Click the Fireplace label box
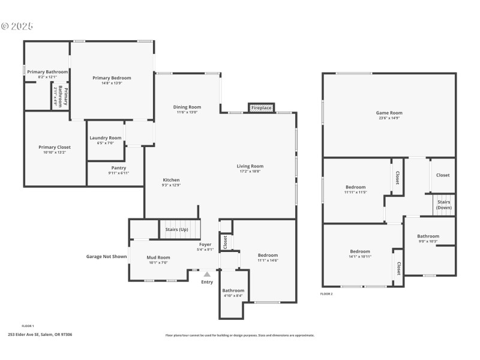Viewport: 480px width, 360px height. coord(261,108)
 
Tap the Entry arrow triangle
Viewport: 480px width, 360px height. coord(207,274)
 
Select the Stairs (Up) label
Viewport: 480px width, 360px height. coord(176,229)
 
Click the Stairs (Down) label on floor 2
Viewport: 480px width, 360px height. coord(443,205)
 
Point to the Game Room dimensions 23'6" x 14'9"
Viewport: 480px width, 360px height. coord(389,118)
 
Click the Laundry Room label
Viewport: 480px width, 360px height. coord(106,138)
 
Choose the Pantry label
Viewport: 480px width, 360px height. coord(119,167)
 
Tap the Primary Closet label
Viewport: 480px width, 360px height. coord(55,147)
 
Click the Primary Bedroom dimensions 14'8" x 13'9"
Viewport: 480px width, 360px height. coord(112,83)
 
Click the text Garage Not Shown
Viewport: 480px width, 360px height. coord(107,256)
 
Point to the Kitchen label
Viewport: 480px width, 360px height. coord(172,180)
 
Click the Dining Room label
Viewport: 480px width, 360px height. coord(187,107)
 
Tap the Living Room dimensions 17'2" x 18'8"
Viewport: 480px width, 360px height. coord(250,172)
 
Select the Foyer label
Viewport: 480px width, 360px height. coord(205,244)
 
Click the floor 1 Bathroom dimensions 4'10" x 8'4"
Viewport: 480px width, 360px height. coord(233,296)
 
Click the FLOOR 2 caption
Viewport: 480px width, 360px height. coord(326,294)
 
